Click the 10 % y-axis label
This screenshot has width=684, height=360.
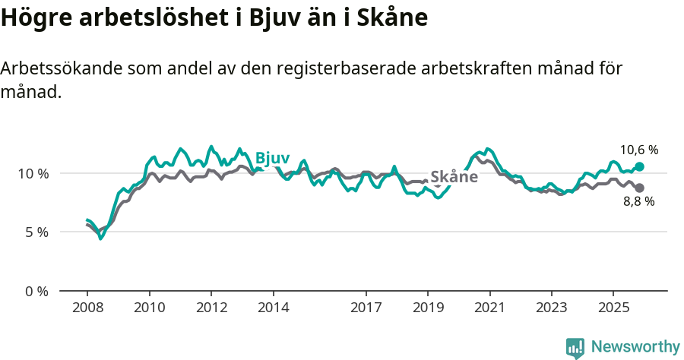(x=33, y=173)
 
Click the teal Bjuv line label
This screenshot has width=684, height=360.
(x=272, y=158)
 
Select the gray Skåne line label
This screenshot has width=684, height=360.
(x=454, y=177)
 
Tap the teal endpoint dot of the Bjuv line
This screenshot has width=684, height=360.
(x=639, y=166)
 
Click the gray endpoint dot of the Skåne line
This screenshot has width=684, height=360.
(x=639, y=188)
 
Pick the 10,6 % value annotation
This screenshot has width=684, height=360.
(x=638, y=150)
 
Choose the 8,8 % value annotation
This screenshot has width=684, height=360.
(x=638, y=202)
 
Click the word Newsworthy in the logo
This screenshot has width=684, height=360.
(x=635, y=347)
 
